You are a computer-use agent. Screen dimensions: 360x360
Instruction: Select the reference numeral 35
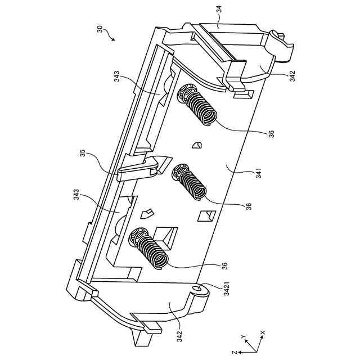pos(83,153)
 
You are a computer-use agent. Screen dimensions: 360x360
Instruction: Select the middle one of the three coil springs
pos(189,181)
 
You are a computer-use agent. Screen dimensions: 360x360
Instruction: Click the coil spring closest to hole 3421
pos(149,248)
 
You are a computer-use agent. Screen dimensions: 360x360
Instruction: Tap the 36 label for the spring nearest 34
pos(271,133)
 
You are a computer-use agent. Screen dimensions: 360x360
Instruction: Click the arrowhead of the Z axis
pos(239,352)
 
